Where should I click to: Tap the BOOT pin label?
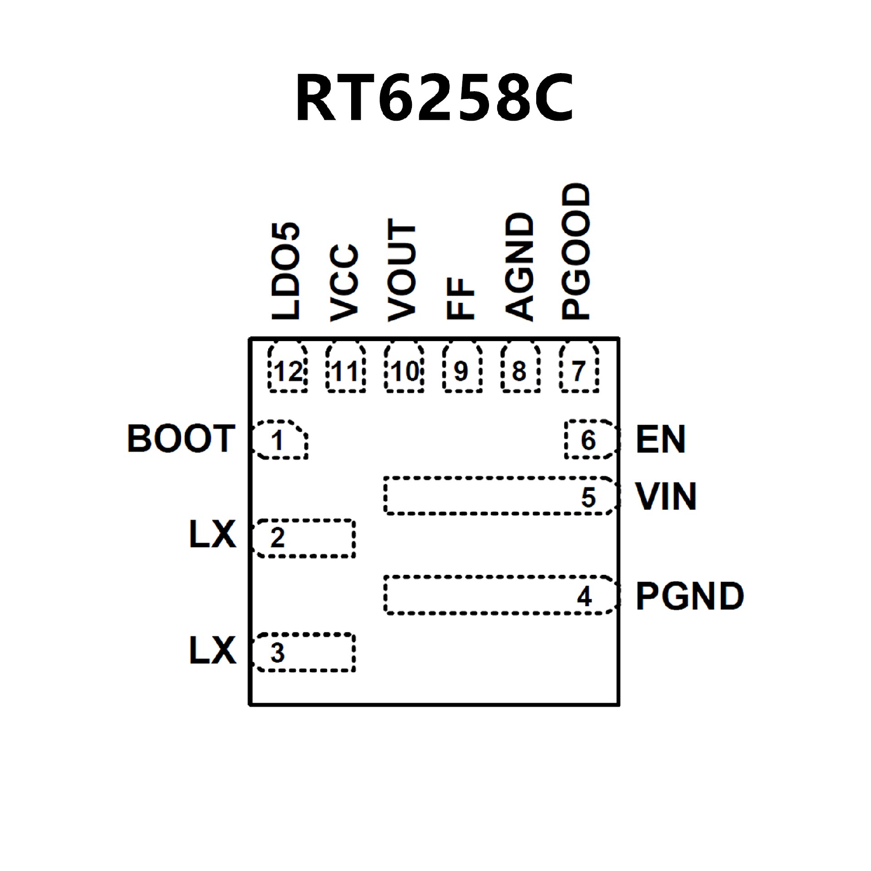181,439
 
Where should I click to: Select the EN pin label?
661,439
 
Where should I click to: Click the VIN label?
665,497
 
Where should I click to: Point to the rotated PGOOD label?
577,251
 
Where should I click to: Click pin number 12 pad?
288,368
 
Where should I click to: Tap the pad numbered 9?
461,368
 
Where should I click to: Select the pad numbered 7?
579,368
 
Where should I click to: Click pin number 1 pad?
279,440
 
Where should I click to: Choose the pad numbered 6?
590,440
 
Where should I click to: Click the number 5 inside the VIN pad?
588,498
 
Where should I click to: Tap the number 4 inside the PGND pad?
584,597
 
